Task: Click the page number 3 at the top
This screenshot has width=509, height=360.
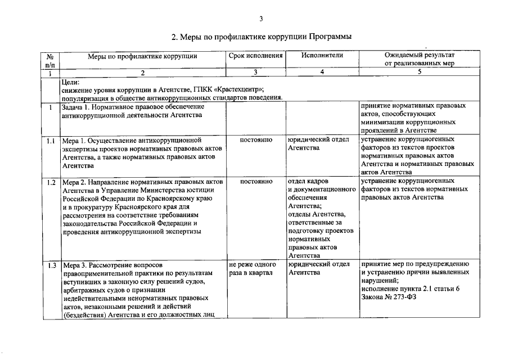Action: pos(261,19)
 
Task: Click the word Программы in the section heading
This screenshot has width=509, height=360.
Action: pos(330,37)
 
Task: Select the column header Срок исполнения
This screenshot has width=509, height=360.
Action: pos(255,55)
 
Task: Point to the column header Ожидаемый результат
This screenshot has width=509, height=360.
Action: pos(419,55)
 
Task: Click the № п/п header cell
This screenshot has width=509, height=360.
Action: pos(49,60)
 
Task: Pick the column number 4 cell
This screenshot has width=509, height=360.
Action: pos(322,73)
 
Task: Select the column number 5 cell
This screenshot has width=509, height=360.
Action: pos(419,73)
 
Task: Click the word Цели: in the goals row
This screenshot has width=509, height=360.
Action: pos(71,82)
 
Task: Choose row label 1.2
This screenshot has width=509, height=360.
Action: pos(51,182)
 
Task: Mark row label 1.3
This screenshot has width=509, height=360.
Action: pos(51,264)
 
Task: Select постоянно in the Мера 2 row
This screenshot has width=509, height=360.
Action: pos(256,182)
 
